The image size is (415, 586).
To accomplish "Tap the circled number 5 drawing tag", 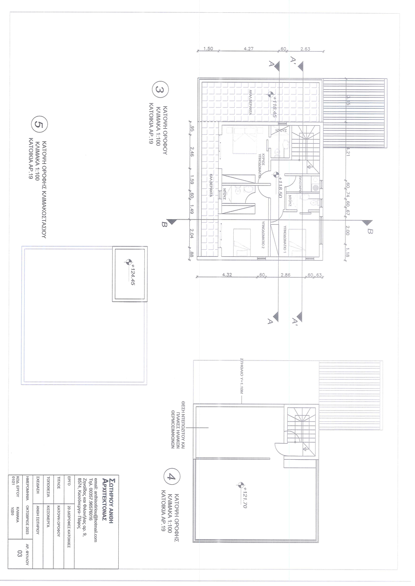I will click(38, 124).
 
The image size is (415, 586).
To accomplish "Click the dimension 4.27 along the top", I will click(248, 49).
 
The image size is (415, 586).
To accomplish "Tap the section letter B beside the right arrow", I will click(371, 232).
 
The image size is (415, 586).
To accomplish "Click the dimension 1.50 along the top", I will click(208, 49).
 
